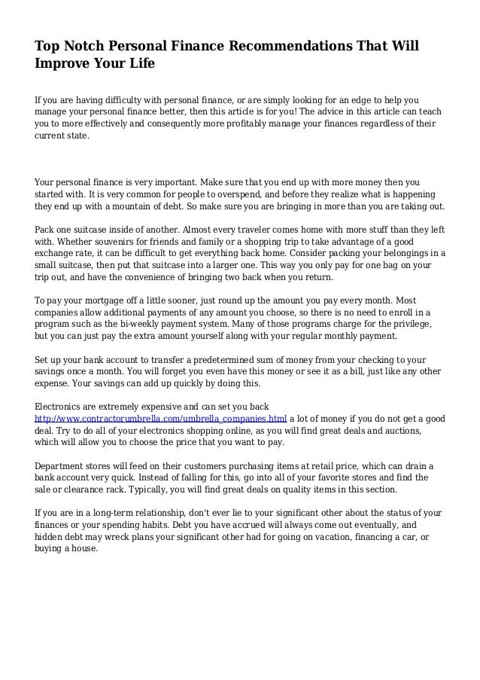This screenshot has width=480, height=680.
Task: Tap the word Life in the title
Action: tap(141, 64)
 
